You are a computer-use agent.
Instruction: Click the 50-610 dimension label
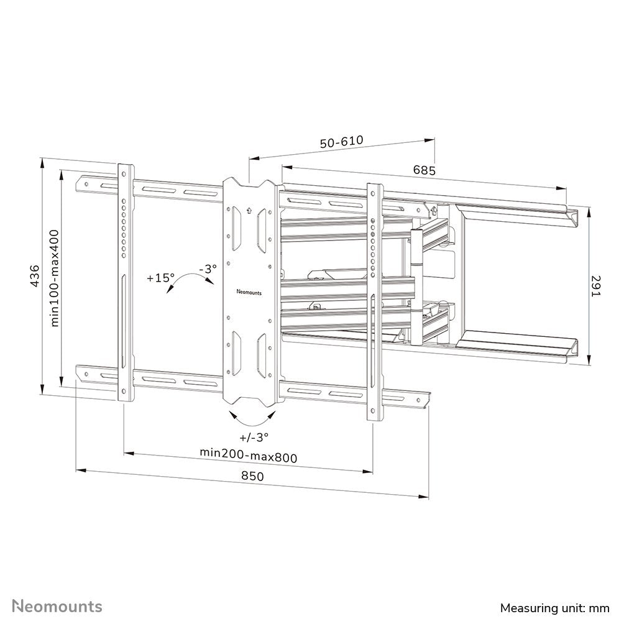pos(341,142)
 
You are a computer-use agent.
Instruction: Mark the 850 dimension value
pos(252,476)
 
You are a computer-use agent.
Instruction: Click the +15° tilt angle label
pos(160,278)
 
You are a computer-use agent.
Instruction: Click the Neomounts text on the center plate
pos(249,290)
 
